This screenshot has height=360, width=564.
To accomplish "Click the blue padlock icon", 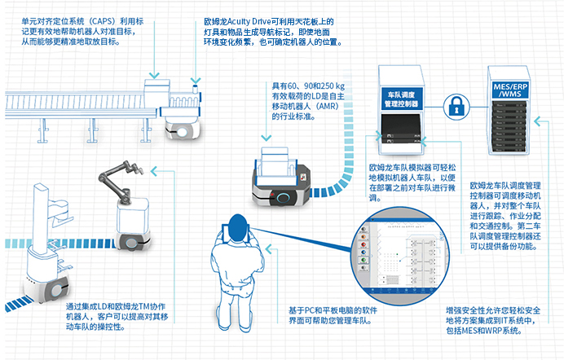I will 455,105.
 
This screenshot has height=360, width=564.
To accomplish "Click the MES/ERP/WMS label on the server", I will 511,89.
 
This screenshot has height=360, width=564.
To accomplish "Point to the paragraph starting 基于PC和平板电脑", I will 334,314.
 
